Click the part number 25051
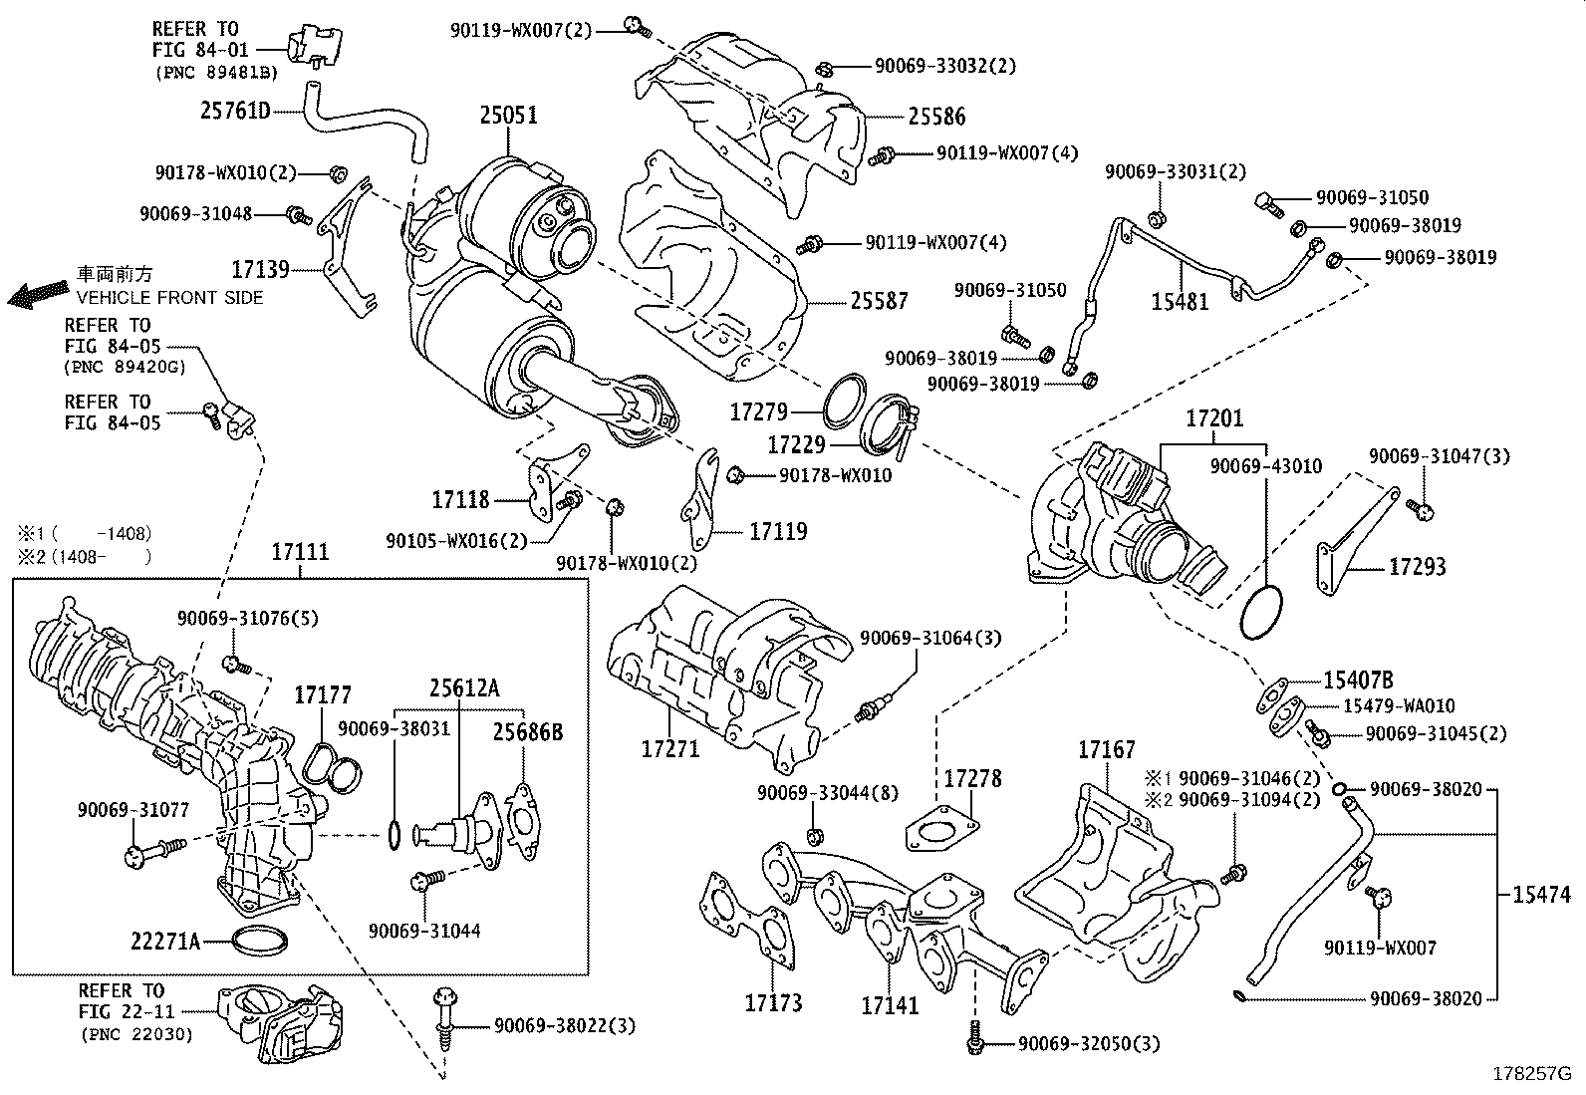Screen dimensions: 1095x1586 click(508, 116)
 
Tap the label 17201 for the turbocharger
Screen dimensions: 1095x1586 click(1214, 418)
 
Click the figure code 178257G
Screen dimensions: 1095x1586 click(1530, 1074)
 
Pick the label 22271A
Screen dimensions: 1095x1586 click(165, 940)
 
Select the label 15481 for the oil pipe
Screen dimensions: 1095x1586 click(1180, 301)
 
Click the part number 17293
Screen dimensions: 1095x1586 click(1417, 567)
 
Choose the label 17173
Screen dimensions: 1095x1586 click(773, 1002)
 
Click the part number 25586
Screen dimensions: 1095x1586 click(936, 117)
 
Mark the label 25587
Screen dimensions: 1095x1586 click(879, 300)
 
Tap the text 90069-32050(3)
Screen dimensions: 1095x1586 click(1089, 1043)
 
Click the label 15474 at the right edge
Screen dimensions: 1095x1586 click(1541, 895)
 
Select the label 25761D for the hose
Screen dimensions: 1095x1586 click(235, 111)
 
